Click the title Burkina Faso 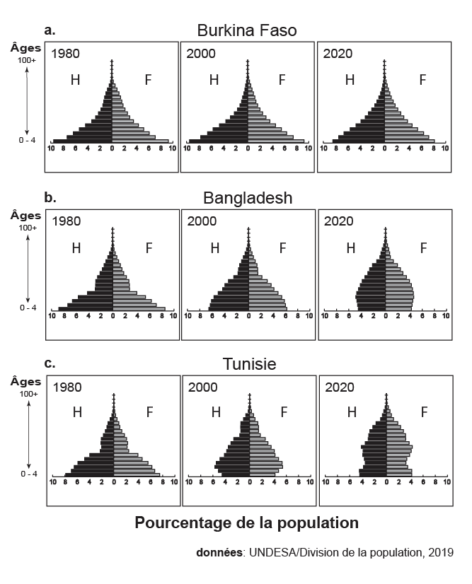coord(246,30)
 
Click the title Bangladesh coord(247,197)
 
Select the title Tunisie coord(249,364)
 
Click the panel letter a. coord(49,30)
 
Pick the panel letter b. coord(50,197)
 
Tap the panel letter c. coord(49,363)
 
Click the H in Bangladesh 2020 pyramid coord(350,248)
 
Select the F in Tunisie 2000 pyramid coord(284,412)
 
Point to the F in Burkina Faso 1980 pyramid coord(148,80)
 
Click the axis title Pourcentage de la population coord(246,524)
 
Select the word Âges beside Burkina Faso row coord(25,47)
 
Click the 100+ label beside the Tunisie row coord(28,393)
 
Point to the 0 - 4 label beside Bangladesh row coord(27,308)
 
